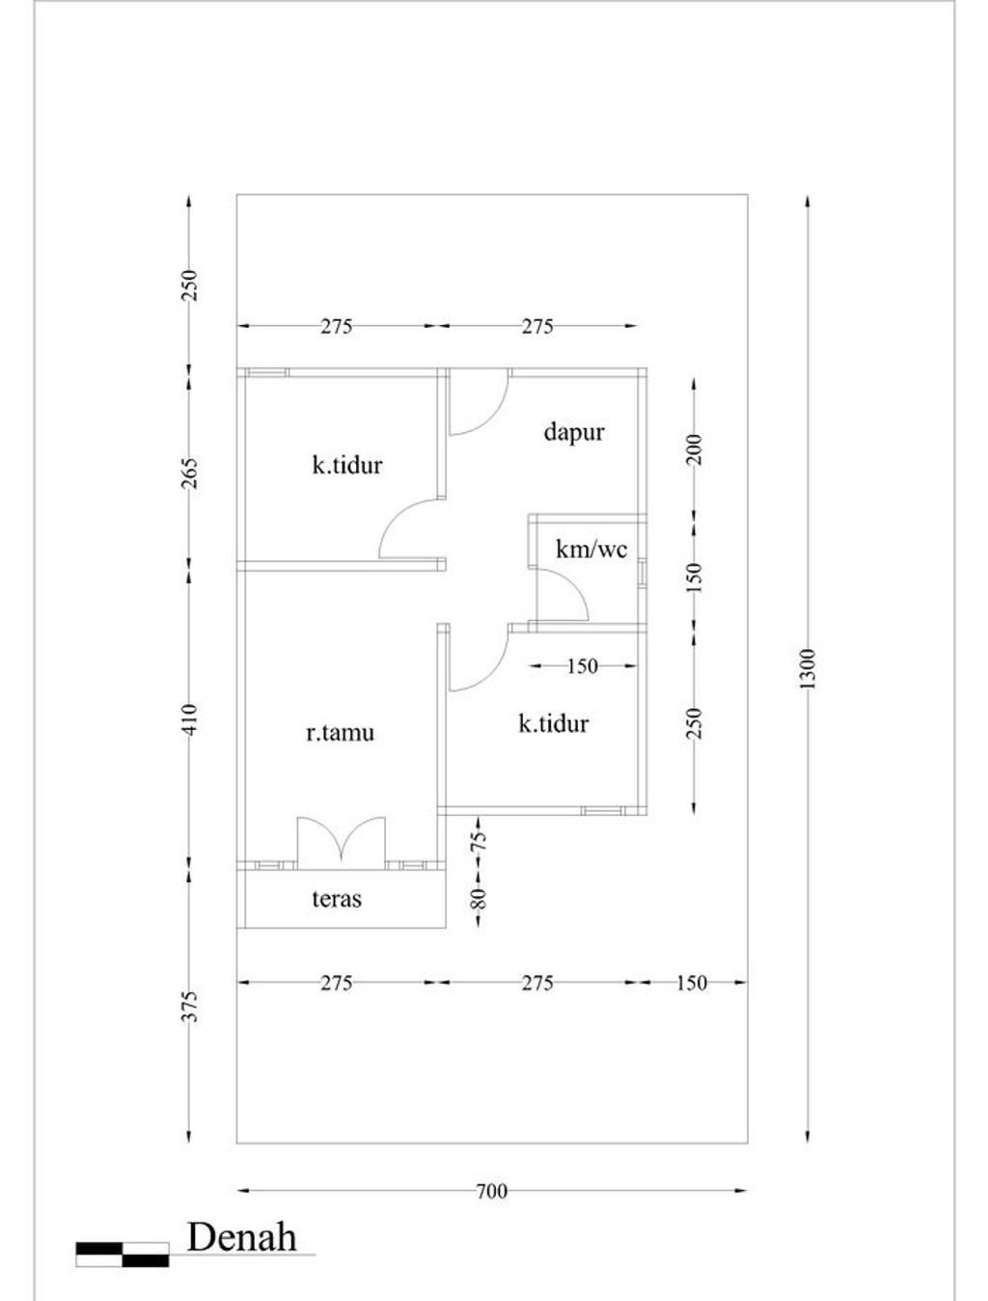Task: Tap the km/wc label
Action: click(590, 550)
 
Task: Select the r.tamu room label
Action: click(340, 734)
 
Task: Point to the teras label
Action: click(336, 899)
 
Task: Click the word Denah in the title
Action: click(242, 1237)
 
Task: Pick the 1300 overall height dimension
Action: click(808, 669)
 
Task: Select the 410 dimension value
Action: click(189, 719)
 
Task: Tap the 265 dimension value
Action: click(189, 473)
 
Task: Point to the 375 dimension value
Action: click(189, 1007)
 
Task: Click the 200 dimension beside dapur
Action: click(695, 449)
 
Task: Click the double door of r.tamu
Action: click(341, 843)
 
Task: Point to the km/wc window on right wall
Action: click(643, 573)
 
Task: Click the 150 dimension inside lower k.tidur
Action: click(582, 666)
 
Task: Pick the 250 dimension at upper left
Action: click(189, 285)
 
